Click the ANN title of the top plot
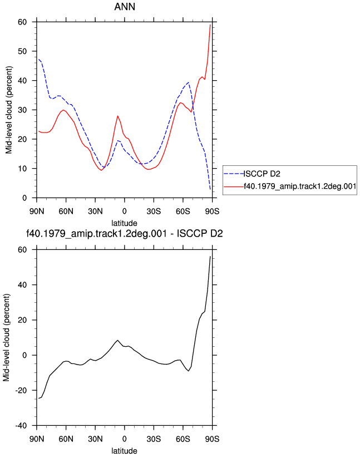coord(125,7)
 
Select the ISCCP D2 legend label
coord(262,174)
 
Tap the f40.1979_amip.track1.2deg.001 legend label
coord(300,186)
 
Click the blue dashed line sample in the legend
coord(234,174)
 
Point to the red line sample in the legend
coord(234,186)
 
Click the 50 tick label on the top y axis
coord(22,51)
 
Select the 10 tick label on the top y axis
coord(22,169)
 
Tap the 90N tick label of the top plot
coord(37,212)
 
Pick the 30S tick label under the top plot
coord(154,212)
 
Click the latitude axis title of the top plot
coord(125,223)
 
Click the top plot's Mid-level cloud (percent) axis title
coord(9,110)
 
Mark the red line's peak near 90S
coord(210,25)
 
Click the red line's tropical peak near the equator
coord(117,116)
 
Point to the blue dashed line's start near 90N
coord(39,59)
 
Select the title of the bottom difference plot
coord(125,234)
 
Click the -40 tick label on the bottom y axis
coord(21,425)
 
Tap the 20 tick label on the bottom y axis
coord(22,320)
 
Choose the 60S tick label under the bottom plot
coord(183,439)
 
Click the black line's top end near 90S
coord(210,257)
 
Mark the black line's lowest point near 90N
coord(39,398)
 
